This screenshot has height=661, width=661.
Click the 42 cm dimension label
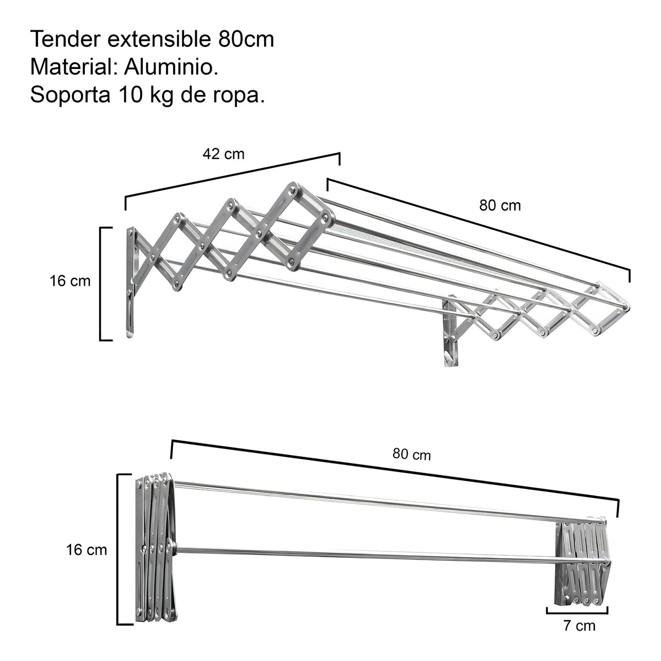[x=223, y=154]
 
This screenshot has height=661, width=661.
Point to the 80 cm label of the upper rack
[x=500, y=205]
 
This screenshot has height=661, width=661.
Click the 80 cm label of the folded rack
[x=412, y=454]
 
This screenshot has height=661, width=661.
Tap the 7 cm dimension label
[x=579, y=626]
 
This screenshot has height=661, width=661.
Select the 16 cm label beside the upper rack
[x=69, y=281]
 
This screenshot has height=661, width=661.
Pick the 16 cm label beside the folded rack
[x=86, y=550]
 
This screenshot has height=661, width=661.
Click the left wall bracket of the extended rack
[x=130, y=281]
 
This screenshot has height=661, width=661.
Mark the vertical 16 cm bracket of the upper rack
[x=101, y=284]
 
